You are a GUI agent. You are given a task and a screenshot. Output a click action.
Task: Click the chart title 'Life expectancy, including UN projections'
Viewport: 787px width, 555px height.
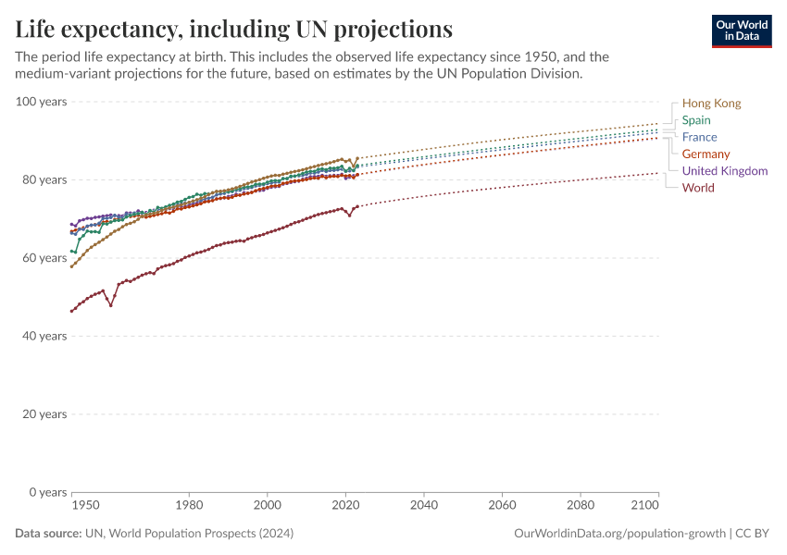click(234, 30)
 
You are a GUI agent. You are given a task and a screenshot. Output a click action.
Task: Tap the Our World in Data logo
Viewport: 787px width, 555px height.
click(741, 31)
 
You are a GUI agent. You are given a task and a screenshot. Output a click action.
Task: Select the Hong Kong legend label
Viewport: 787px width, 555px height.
click(711, 104)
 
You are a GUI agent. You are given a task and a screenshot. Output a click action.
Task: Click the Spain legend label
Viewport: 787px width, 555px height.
click(696, 120)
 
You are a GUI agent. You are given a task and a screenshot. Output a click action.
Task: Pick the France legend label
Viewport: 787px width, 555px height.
click(699, 137)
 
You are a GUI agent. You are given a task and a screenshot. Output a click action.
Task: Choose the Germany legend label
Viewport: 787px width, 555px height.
click(706, 154)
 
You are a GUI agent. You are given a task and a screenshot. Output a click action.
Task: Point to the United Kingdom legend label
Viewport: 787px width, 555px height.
click(724, 171)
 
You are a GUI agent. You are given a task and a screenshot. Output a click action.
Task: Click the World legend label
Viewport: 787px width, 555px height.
click(697, 188)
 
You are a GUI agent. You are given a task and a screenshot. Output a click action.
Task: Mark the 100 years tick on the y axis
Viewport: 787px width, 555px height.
click(42, 101)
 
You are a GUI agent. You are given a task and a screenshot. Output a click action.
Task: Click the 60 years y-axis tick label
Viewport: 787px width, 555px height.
click(44, 257)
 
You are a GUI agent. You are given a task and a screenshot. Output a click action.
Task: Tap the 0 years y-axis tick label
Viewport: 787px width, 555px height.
click(47, 492)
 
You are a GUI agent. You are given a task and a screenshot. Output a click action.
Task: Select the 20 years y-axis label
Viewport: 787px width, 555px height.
click(44, 413)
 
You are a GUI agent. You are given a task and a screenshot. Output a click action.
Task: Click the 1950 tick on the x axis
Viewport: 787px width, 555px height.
click(86, 507)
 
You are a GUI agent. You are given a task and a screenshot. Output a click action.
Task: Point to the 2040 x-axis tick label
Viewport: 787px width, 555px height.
click(423, 507)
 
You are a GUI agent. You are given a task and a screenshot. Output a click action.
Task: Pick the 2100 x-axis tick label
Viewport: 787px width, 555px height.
click(644, 507)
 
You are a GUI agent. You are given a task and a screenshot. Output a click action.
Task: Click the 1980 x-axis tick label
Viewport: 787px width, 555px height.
click(189, 507)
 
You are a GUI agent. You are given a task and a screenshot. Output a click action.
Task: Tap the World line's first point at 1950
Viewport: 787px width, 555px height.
click(72, 311)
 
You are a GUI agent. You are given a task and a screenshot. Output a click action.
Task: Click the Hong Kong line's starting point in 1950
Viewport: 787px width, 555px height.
click(72, 266)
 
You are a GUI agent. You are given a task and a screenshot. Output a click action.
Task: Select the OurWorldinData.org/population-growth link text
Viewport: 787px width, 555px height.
click(618, 534)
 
